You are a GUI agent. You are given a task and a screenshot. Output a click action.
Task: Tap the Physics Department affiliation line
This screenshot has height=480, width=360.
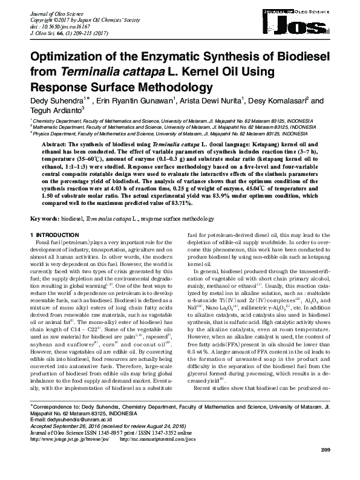(151, 134)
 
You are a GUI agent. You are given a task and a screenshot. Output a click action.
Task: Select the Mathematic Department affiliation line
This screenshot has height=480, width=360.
(157, 128)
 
